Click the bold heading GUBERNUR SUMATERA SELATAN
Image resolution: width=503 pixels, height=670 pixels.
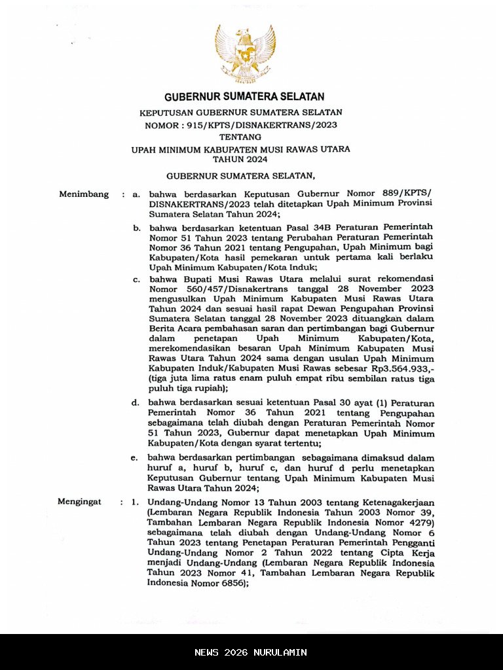(x=244, y=97)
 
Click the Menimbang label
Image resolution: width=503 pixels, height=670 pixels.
(x=84, y=194)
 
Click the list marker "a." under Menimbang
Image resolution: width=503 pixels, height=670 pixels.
(x=136, y=195)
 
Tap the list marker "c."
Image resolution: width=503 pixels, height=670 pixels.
(x=136, y=279)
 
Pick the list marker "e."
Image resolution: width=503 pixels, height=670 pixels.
(x=134, y=458)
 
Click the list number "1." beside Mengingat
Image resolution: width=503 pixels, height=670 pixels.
(x=134, y=502)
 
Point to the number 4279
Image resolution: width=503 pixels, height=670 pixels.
(x=417, y=523)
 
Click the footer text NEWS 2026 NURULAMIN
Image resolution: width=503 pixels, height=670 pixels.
(x=251, y=652)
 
